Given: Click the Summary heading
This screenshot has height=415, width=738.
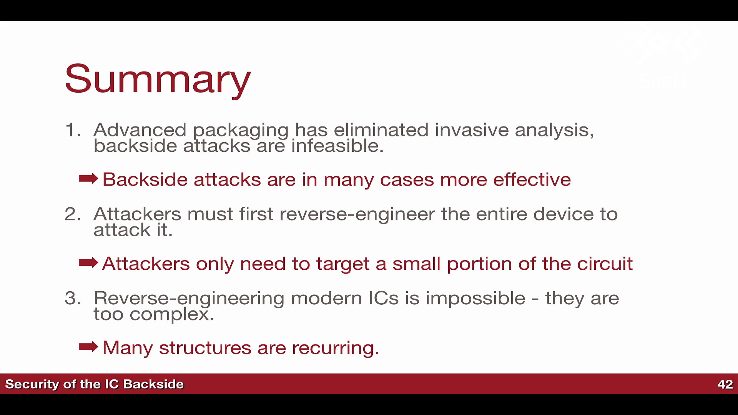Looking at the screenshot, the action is pyautogui.click(x=158, y=79).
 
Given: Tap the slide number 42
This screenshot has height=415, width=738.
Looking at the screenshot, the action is pyautogui.click(x=725, y=384).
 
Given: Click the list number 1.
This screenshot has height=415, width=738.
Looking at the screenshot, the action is pyautogui.click(x=73, y=130).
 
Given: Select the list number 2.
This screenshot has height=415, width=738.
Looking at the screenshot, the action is pyautogui.click(x=73, y=214).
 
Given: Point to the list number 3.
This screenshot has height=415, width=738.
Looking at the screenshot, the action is pyautogui.click(x=73, y=298).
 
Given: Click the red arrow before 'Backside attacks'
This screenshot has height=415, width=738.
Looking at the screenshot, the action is pyautogui.click(x=88, y=179).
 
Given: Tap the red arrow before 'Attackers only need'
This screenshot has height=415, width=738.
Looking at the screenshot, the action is pyautogui.click(x=88, y=263).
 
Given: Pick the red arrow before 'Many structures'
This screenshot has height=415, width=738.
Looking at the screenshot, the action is pyautogui.click(x=88, y=347).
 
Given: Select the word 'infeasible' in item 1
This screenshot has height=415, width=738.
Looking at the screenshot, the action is pyautogui.click(x=336, y=146).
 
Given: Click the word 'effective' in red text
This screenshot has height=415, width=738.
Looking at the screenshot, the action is pyautogui.click(x=532, y=179).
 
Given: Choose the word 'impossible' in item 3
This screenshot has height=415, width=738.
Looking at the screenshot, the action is pyautogui.click(x=475, y=299).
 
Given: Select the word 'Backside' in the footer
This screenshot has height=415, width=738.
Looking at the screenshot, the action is pyautogui.click(x=153, y=384).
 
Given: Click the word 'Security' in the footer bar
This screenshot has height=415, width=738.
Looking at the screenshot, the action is pyautogui.click(x=32, y=385).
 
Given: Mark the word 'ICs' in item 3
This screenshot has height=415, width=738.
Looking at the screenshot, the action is pyautogui.click(x=384, y=299).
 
